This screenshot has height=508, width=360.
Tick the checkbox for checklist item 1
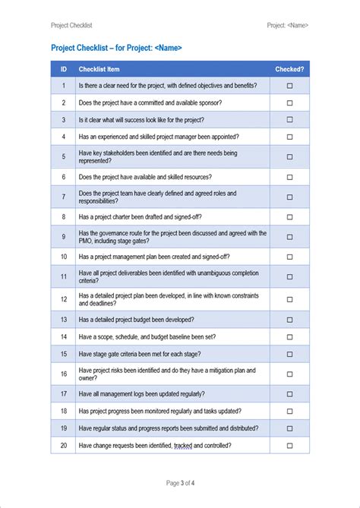pyautogui.click(x=289, y=86)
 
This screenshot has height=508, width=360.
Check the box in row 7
pyautogui.click(x=289, y=197)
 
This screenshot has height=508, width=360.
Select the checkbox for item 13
pyautogui.click(x=289, y=320)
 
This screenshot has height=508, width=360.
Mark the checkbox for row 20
pyautogui.click(x=289, y=446)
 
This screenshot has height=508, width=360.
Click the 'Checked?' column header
pyautogui.click(x=289, y=69)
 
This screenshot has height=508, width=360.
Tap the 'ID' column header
pyautogui.click(x=63, y=69)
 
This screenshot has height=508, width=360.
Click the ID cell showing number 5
pyautogui.click(x=63, y=156)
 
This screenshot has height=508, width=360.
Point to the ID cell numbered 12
pyautogui.click(x=63, y=299)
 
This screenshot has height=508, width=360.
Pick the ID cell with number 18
pyautogui.click(x=63, y=411)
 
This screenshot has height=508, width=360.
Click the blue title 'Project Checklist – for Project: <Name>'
pyautogui.click(x=116, y=48)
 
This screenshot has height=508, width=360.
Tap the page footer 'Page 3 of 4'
pyautogui.click(x=179, y=483)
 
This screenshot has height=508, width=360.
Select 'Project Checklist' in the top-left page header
pyautogui.click(x=71, y=25)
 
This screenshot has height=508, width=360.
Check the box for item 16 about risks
pyautogui.click(x=289, y=374)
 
